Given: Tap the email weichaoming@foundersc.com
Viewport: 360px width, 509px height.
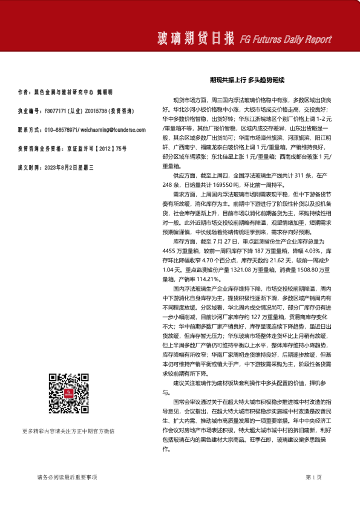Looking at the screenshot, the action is [x=108, y=130].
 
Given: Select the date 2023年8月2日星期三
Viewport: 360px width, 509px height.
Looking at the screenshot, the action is [x=68, y=166].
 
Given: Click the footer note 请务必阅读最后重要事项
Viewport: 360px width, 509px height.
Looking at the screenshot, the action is [x=67, y=477].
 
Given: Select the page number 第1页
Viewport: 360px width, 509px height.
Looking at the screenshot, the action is [x=314, y=477].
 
